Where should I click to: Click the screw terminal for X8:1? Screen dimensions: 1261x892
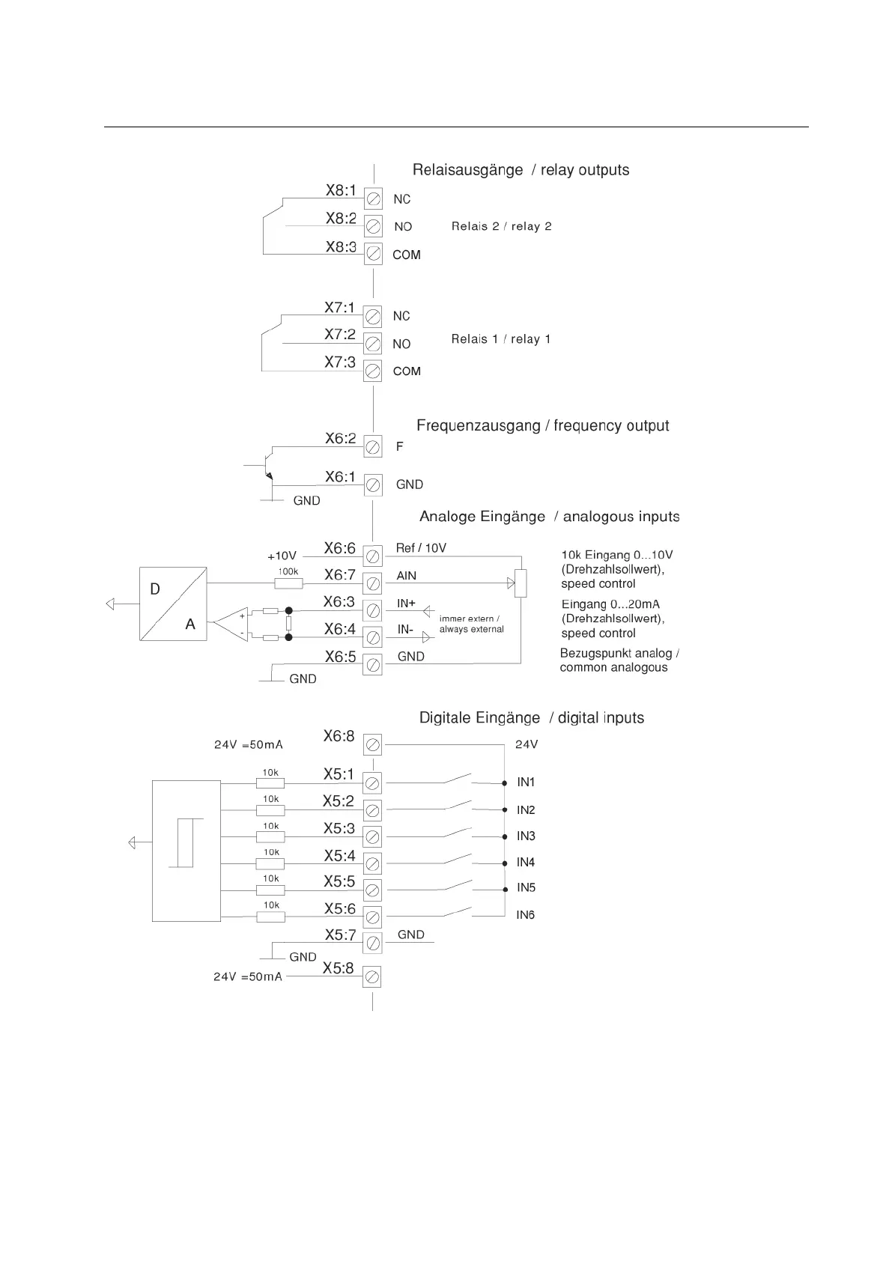tap(373, 199)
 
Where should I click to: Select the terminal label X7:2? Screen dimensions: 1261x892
tap(340, 335)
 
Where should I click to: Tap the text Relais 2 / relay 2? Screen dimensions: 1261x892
tap(501, 226)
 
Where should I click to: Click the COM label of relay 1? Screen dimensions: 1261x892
tap(407, 371)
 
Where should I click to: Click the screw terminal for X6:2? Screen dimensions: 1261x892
tap(373, 447)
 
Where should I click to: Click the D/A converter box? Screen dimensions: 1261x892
tap(173, 604)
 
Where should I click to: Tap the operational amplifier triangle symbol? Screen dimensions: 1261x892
tap(233, 624)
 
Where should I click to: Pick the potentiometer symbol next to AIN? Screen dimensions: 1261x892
tap(521, 583)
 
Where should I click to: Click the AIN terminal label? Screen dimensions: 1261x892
tap(407, 576)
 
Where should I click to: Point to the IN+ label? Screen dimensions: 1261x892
tap(406, 604)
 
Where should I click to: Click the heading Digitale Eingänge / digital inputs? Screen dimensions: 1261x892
tap(531, 718)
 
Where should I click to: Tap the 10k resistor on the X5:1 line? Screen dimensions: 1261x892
tap(270, 783)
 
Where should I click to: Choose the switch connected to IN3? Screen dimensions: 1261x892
tap(458, 833)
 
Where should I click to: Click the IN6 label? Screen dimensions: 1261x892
tap(526, 915)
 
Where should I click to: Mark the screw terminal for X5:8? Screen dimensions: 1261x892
tap(372, 976)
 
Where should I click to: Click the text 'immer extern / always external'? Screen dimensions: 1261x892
tap(471, 624)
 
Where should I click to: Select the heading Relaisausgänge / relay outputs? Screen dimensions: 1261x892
tap(521, 170)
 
